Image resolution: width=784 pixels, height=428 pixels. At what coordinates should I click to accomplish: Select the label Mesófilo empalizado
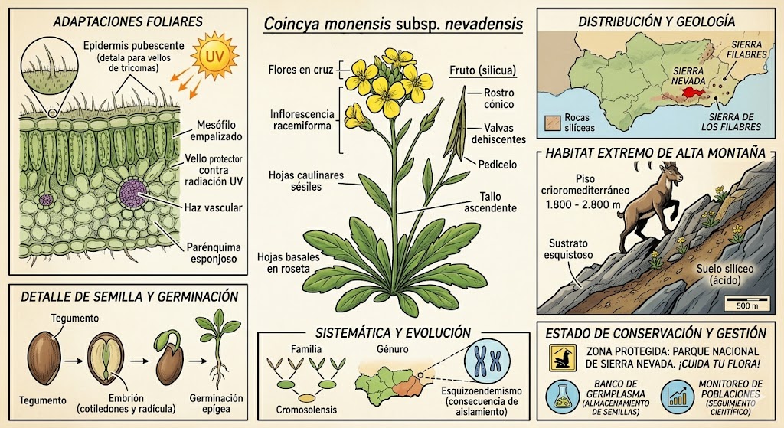[x=215, y=130]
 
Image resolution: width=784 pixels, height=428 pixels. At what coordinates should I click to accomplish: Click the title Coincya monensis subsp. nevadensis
[x=394, y=24]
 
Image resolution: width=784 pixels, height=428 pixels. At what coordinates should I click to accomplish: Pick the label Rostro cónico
[x=498, y=99]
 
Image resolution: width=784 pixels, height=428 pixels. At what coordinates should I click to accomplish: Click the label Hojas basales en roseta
[x=288, y=263]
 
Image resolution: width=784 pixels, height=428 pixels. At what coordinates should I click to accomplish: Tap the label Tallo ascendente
[x=490, y=202]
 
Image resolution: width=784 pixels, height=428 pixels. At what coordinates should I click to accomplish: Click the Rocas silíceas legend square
[x=551, y=123]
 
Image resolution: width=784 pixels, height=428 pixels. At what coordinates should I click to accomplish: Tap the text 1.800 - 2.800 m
[x=583, y=204]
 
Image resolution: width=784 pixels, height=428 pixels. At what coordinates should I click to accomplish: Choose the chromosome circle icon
[x=487, y=360]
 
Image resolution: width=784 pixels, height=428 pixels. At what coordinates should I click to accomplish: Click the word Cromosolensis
[x=306, y=410]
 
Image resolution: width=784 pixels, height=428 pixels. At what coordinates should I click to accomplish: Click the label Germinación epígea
[x=216, y=403]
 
